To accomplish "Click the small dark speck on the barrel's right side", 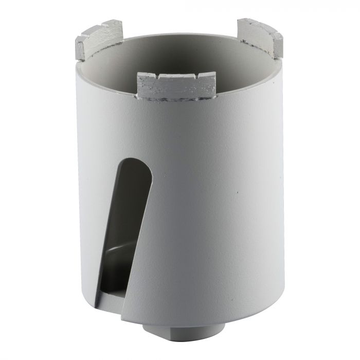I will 238,192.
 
